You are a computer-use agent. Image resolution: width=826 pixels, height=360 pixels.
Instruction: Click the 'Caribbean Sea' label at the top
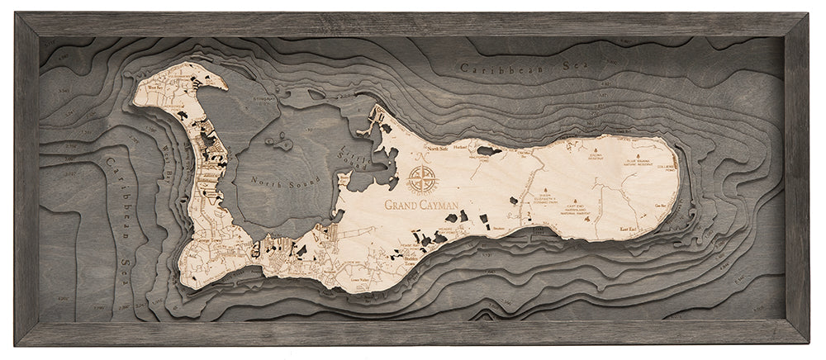pyautogui.click(x=517, y=71)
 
